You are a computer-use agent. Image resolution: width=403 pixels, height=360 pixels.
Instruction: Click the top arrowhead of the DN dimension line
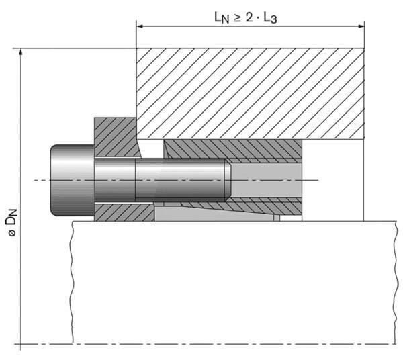[22, 52]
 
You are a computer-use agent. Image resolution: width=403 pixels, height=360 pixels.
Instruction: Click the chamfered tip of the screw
[228, 180]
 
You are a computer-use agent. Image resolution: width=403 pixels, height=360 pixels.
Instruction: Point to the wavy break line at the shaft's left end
[72, 282]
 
